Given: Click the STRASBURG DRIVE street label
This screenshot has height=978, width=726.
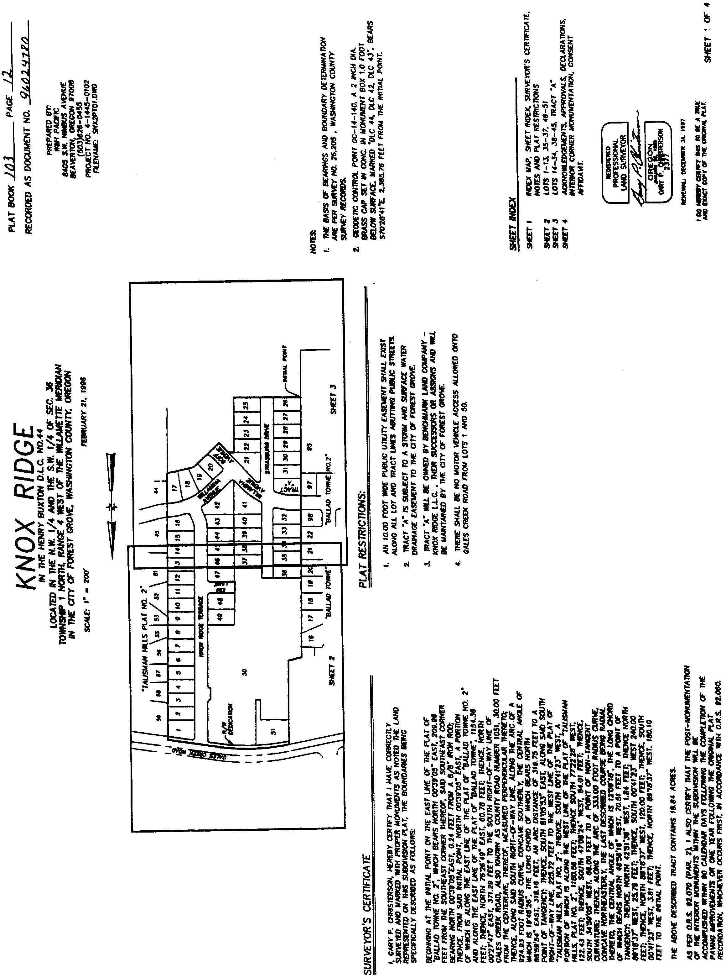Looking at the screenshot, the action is [266, 440].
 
